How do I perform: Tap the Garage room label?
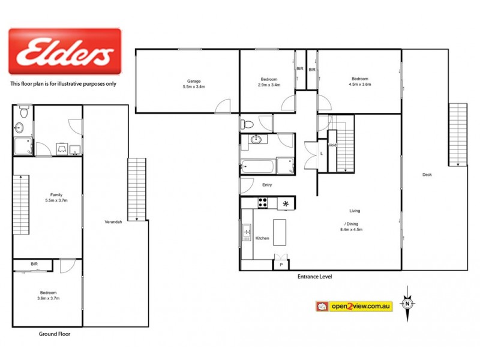[193, 83]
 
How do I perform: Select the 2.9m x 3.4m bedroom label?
[269, 83]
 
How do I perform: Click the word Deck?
[427, 175]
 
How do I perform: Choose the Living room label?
[355, 211]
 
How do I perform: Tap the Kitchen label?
[263, 238]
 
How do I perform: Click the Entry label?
[267, 185]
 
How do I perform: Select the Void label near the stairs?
[331, 145]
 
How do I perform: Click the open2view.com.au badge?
[354, 306]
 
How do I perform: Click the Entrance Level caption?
[314, 277]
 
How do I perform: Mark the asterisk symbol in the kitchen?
[286, 204]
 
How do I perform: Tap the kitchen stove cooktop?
[262, 203]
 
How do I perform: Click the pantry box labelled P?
[281, 263]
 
